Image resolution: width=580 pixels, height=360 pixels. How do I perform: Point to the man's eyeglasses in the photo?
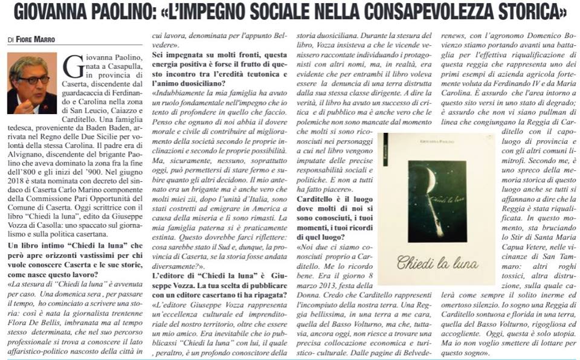point(32,80)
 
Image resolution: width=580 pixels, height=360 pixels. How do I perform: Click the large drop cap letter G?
point(72,68)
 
